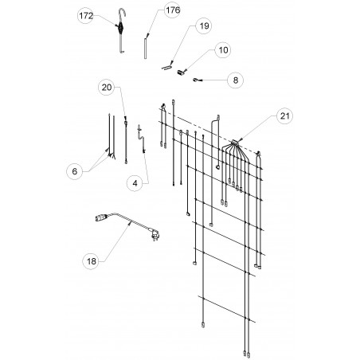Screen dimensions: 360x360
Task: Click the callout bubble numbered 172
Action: [x=86, y=16]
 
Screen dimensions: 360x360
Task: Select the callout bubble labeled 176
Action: [x=172, y=10]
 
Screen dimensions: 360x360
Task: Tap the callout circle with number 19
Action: [x=204, y=26]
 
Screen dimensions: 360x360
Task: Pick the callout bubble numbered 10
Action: [x=223, y=50]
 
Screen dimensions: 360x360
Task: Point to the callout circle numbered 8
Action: [x=236, y=80]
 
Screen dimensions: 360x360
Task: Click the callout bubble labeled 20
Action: [x=107, y=88]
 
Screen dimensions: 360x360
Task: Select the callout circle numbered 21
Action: [x=284, y=116]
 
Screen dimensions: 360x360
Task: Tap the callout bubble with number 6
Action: [x=74, y=171]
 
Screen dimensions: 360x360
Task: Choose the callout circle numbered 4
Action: [x=135, y=183]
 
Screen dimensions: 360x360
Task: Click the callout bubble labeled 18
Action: [x=91, y=261]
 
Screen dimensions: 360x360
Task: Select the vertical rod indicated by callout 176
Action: [x=145, y=49]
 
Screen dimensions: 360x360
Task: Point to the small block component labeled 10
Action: [x=181, y=72]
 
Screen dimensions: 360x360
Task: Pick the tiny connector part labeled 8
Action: [x=195, y=80]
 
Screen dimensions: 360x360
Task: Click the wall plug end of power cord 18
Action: [x=155, y=234]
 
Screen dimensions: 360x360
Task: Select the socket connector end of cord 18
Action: [x=101, y=218]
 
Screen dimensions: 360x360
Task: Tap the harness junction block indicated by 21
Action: [x=235, y=143]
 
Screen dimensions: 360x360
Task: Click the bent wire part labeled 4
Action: [x=142, y=139]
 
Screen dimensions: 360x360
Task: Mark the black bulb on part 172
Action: [x=121, y=27]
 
